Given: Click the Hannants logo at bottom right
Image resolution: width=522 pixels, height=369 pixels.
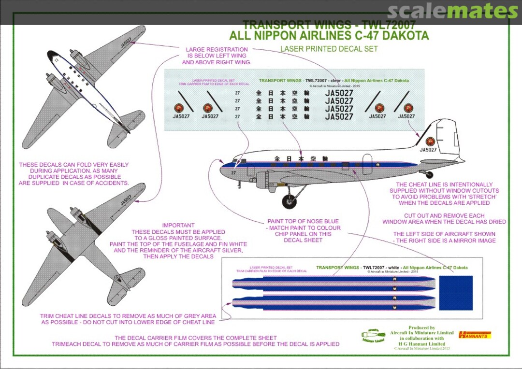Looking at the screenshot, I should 475,334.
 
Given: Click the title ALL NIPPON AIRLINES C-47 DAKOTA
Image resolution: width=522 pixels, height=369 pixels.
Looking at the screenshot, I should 329,36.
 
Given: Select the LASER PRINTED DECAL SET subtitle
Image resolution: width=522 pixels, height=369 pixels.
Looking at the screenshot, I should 329,49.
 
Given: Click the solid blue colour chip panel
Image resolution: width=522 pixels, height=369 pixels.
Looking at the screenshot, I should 456,293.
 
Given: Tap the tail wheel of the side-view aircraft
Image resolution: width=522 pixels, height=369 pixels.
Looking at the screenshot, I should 429,175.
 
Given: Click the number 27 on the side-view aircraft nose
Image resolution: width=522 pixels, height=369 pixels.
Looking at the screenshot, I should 234,172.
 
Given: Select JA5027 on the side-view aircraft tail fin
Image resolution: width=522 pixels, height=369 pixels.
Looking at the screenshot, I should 428,150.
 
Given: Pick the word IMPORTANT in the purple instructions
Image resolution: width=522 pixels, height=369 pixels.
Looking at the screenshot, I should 178,226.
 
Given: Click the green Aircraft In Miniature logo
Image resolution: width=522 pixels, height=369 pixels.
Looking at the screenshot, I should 373,336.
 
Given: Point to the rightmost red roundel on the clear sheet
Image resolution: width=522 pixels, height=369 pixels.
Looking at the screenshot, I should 408,108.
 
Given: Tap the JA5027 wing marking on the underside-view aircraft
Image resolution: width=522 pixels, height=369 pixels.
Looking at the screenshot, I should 125,199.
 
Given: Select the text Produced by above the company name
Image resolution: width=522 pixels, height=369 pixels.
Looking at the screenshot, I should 421,328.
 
